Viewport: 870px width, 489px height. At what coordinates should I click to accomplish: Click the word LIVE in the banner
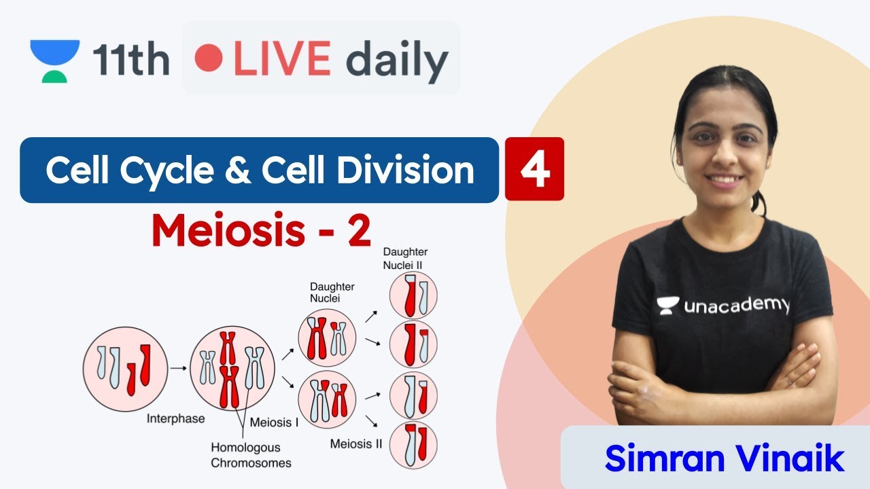281,60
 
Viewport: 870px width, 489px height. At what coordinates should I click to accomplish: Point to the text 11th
130,60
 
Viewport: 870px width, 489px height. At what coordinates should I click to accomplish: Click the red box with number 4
534,169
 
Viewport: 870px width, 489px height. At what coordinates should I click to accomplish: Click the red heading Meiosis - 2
262,231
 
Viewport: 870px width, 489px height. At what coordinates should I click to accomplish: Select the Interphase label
175,418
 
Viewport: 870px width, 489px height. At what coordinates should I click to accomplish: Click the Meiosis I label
275,422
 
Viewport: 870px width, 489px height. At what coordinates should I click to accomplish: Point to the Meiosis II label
356,444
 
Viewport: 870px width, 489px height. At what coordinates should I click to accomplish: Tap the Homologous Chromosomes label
251,455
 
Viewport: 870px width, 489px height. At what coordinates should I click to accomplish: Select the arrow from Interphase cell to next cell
179,368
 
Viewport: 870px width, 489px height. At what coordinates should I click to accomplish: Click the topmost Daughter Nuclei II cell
413,295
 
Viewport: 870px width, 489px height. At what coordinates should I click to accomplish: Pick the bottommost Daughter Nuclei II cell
413,445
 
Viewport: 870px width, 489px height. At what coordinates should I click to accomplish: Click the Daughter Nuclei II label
405,258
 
